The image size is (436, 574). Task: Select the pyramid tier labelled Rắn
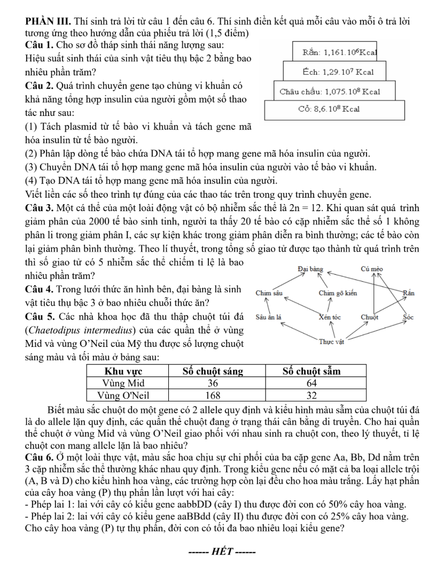point(332,53)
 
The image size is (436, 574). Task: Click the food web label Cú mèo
point(371,269)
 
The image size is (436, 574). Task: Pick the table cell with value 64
point(312,384)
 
